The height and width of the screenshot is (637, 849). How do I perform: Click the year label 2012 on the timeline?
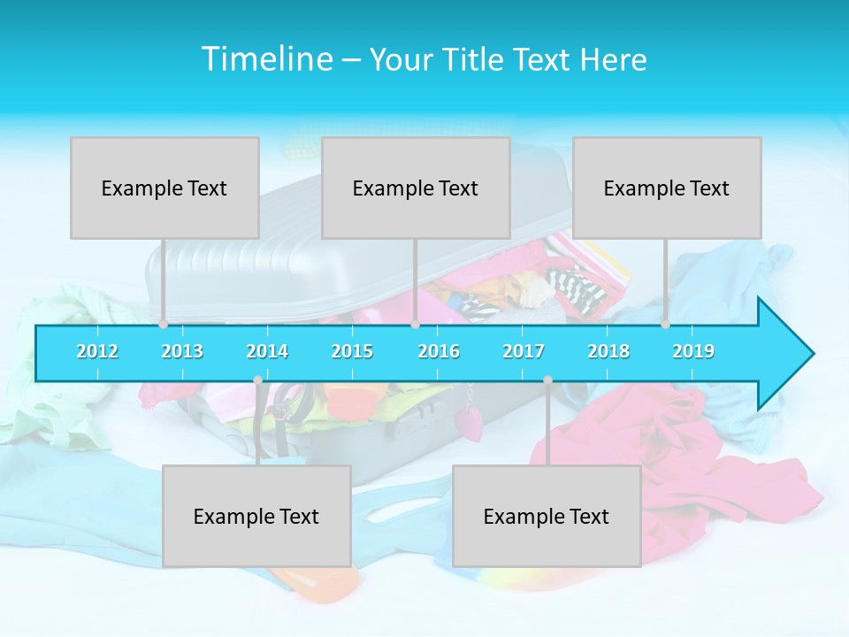tap(97, 351)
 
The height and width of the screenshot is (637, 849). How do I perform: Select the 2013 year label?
tap(182, 351)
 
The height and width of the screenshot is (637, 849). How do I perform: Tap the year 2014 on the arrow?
tap(267, 351)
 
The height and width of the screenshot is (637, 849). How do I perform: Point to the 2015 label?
tap(352, 351)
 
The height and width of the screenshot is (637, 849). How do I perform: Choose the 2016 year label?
tap(439, 351)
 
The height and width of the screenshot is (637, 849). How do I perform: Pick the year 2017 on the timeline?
tap(524, 351)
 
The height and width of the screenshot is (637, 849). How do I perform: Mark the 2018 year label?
tap(608, 351)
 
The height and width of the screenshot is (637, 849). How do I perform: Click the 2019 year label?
tap(693, 351)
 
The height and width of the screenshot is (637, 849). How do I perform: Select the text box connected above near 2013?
tap(164, 188)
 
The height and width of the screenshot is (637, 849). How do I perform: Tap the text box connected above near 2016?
tap(416, 188)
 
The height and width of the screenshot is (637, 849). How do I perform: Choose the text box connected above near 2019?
tap(667, 188)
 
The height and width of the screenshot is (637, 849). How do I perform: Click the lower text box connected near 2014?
tap(256, 516)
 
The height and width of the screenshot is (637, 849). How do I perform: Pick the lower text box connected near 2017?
tap(547, 516)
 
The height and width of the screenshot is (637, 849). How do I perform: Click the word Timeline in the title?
tap(265, 59)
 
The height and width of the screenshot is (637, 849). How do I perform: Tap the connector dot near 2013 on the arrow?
tap(164, 325)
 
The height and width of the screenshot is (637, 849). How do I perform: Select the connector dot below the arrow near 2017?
tap(547, 380)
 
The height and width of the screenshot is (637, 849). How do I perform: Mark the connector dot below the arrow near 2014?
tap(257, 380)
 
